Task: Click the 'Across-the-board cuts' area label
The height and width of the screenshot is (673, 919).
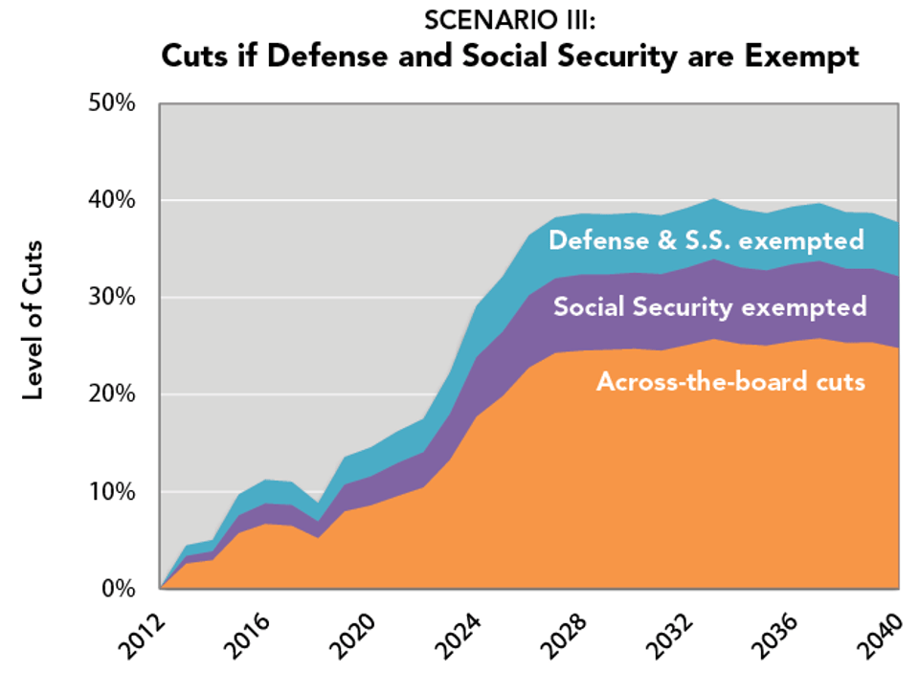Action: point(730,382)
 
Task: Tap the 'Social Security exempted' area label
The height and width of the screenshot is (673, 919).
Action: point(709,307)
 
